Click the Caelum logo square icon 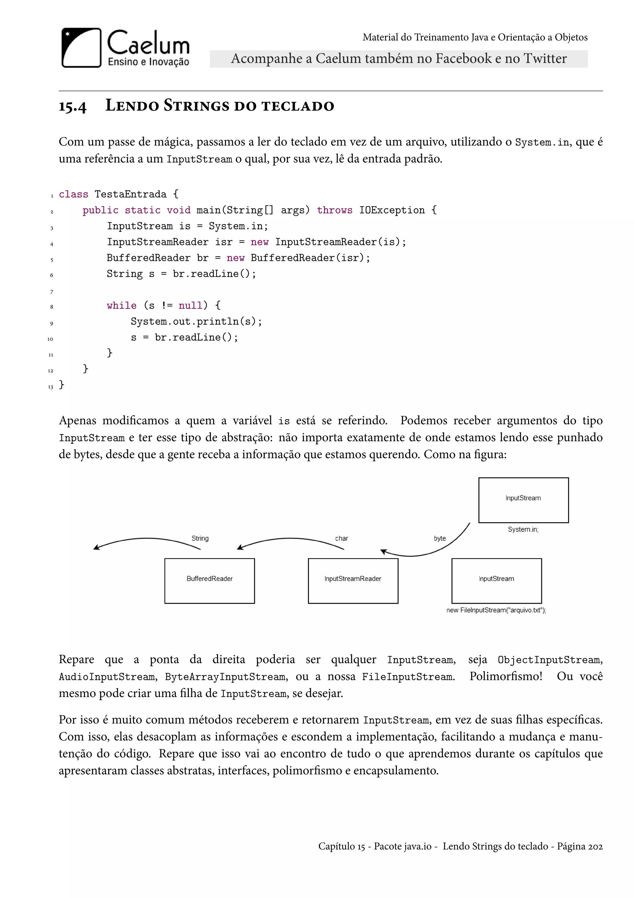click(81, 48)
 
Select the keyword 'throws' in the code click(334, 211)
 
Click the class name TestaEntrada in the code click(131, 194)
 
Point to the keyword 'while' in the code click(122, 305)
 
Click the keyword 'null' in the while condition click(190, 305)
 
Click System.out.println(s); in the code click(196, 322)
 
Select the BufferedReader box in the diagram click(210, 581)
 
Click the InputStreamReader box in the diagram click(353, 581)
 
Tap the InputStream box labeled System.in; click(523, 500)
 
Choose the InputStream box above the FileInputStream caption click(497, 581)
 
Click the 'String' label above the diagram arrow click(200, 539)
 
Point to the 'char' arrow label click(341, 539)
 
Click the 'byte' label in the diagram click(440, 539)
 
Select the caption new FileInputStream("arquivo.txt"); click(496, 610)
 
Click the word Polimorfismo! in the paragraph click(506, 676)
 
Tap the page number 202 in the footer click(595, 847)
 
